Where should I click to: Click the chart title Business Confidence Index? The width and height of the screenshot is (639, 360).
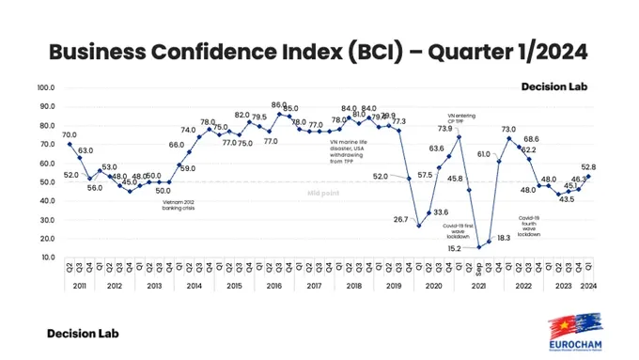(319, 50)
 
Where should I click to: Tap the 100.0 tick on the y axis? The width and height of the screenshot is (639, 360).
(46, 87)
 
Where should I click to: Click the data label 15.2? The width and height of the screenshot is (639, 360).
(455, 249)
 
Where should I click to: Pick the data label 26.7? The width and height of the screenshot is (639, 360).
(401, 219)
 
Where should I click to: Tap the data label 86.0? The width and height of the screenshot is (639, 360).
(279, 104)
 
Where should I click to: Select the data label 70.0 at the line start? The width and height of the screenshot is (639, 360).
(70, 134)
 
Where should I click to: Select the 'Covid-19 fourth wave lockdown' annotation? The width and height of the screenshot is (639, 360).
(529, 227)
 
